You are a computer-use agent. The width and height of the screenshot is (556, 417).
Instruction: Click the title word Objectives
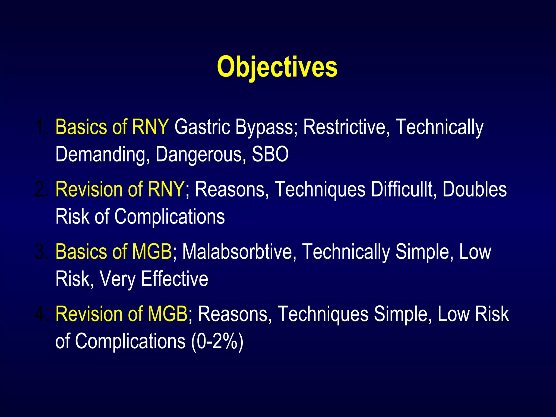pyautogui.click(x=277, y=67)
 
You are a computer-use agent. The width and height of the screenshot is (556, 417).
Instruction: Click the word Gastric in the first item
pyautogui.click(x=202, y=127)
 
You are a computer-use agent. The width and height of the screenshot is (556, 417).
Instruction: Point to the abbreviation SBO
pyautogui.click(x=270, y=154)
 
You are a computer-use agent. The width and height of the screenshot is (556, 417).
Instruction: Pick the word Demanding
pyautogui.click(x=103, y=154)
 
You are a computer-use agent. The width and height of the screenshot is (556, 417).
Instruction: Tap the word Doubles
pyautogui.click(x=474, y=189)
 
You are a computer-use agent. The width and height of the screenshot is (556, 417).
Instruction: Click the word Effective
pyautogui.click(x=175, y=279)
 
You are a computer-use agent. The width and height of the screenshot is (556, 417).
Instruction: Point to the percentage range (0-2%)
pyautogui.click(x=217, y=341)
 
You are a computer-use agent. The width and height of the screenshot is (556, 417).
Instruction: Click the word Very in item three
pyautogui.click(x=118, y=279)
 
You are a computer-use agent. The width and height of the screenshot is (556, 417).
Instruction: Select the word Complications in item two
pyautogui.click(x=169, y=216)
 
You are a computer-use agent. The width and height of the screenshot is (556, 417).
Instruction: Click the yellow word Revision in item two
pyautogui.click(x=89, y=189)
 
